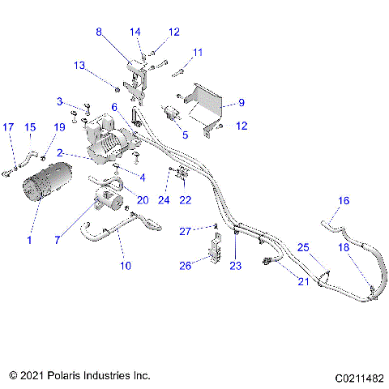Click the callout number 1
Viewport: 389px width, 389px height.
(x=29, y=241)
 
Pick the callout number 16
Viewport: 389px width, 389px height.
(x=344, y=200)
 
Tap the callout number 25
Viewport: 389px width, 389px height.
(x=302, y=246)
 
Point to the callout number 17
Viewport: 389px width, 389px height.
(x=8, y=127)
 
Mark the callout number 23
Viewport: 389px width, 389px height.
(x=236, y=265)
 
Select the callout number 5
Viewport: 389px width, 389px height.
(x=185, y=135)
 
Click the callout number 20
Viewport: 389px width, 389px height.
(x=143, y=200)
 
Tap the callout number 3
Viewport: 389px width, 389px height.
(x=60, y=101)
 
